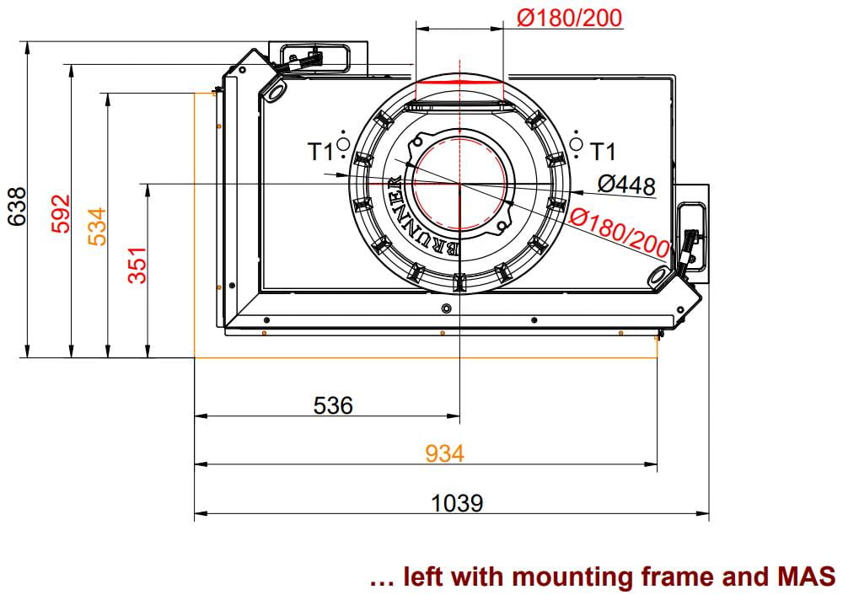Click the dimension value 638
coord(17,207)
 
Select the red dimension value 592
coord(61,213)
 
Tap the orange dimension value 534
coord(98,226)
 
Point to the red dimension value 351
coord(137,265)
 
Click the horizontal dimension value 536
coord(333,405)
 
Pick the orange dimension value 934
coord(444,453)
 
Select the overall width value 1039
coord(457,503)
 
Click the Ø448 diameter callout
coord(627,185)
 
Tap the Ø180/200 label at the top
coord(569,17)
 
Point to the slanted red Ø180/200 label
coord(620,232)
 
